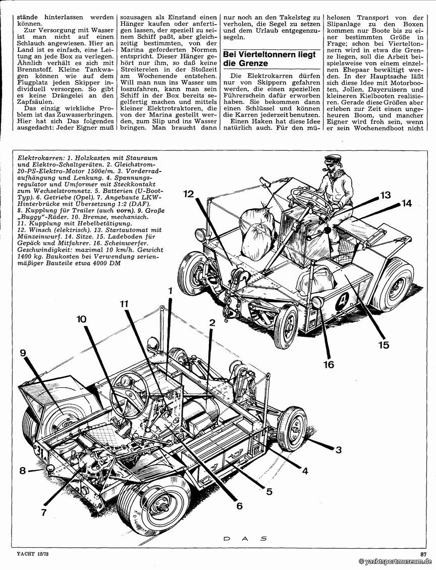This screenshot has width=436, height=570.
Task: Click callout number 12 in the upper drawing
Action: pyautogui.click(x=189, y=193)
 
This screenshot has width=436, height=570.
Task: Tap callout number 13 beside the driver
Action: pyautogui.click(x=386, y=195)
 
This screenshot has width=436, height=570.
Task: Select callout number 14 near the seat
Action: pyautogui.click(x=407, y=203)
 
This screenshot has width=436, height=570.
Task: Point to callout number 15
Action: pyautogui.click(x=384, y=345)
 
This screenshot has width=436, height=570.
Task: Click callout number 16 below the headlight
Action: pyautogui.click(x=329, y=364)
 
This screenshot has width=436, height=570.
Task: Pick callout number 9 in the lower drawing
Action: pyautogui.click(x=23, y=353)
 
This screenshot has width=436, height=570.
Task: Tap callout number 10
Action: pyautogui.click(x=82, y=319)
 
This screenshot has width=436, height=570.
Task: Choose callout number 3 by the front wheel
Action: pyautogui.click(x=339, y=449)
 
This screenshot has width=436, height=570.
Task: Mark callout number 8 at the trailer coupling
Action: pyautogui.click(x=23, y=471)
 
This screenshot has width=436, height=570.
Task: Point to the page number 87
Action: pyautogui.click(x=423, y=554)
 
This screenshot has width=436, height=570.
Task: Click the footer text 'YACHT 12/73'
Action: pyautogui.click(x=28, y=554)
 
